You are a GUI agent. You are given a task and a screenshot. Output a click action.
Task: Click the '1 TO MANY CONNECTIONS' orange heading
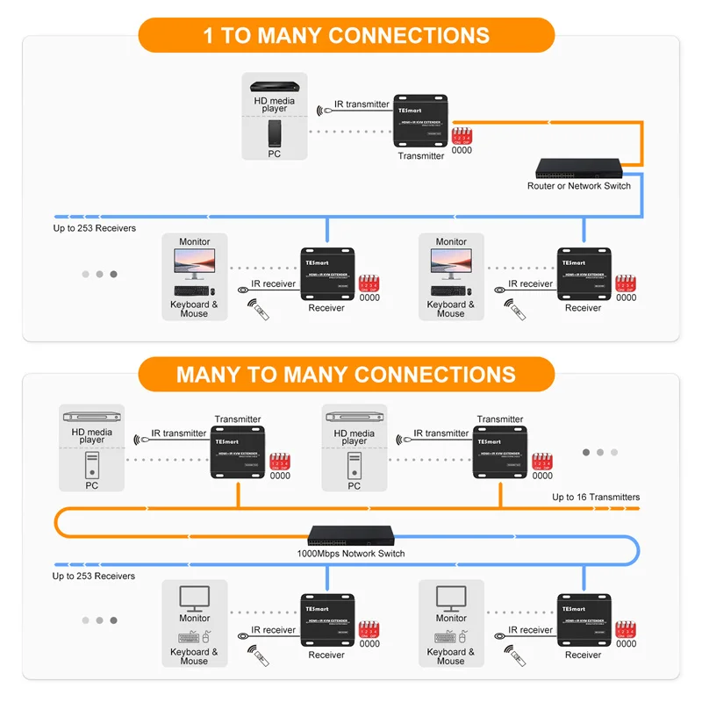pos(347,36)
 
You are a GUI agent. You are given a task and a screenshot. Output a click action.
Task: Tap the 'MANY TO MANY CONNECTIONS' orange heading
pos(347,375)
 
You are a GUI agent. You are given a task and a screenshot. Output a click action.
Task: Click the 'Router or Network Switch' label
pos(578,186)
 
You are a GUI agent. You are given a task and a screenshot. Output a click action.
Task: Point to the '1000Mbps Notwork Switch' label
pos(350,554)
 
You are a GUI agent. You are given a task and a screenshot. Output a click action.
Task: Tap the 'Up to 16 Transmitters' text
pos(596,498)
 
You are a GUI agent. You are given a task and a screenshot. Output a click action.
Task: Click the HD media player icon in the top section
pos(275,88)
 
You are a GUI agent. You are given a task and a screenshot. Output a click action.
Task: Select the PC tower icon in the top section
pos(275,134)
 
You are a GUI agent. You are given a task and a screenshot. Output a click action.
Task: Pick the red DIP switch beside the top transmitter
pos(462,136)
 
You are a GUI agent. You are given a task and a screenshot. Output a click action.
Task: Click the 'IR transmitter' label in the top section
pos(362,104)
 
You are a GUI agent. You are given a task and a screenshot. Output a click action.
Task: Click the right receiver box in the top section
pos(583,275)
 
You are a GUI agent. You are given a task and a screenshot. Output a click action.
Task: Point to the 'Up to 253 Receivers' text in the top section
pos(95,228)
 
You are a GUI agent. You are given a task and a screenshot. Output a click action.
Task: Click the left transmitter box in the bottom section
pos(238,453)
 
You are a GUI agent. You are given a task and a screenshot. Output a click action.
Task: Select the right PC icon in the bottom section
pos(354,465)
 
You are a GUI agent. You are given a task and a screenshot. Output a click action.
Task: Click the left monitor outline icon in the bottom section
pos(194,599)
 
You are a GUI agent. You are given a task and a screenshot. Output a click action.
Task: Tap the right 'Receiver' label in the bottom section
pos(583,655)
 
